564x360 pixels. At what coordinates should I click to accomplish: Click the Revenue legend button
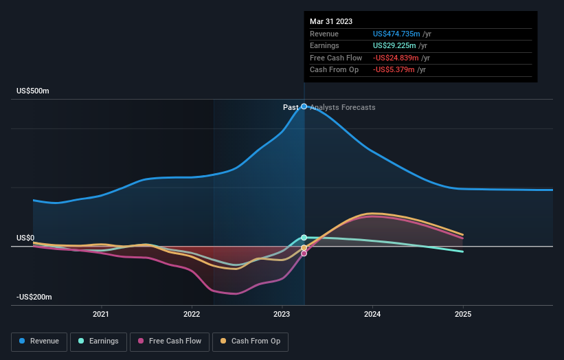[x=39, y=341]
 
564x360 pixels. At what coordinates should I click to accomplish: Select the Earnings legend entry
[x=98, y=341]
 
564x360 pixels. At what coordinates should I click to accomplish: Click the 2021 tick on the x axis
[x=101, y=315]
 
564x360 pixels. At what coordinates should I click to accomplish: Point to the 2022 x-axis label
[x=192, y=315]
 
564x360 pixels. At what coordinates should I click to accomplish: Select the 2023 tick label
[x=282, y=315]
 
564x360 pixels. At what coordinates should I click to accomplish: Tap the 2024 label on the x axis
[x=372, y=315]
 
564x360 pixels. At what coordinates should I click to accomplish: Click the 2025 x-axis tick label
[x=463, y=315]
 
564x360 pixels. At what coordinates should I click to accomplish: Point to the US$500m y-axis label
[x=33, y=91]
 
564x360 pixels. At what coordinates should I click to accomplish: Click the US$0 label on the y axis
[x=25, y=238]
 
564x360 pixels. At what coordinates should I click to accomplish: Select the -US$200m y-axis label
[x=34, y=297]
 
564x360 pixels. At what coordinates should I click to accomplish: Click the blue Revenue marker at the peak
[x=304, y=106]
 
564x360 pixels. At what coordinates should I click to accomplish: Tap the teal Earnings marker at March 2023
[x=304, y=238]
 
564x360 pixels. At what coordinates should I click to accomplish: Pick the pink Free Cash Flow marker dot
[x=304, y=254]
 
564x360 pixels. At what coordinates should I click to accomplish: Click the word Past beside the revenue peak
[x=291, y=107]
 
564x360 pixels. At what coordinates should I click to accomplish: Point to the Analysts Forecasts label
[x=343, y=107]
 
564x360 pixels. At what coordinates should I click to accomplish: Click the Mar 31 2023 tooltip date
[x=331, y=21]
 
